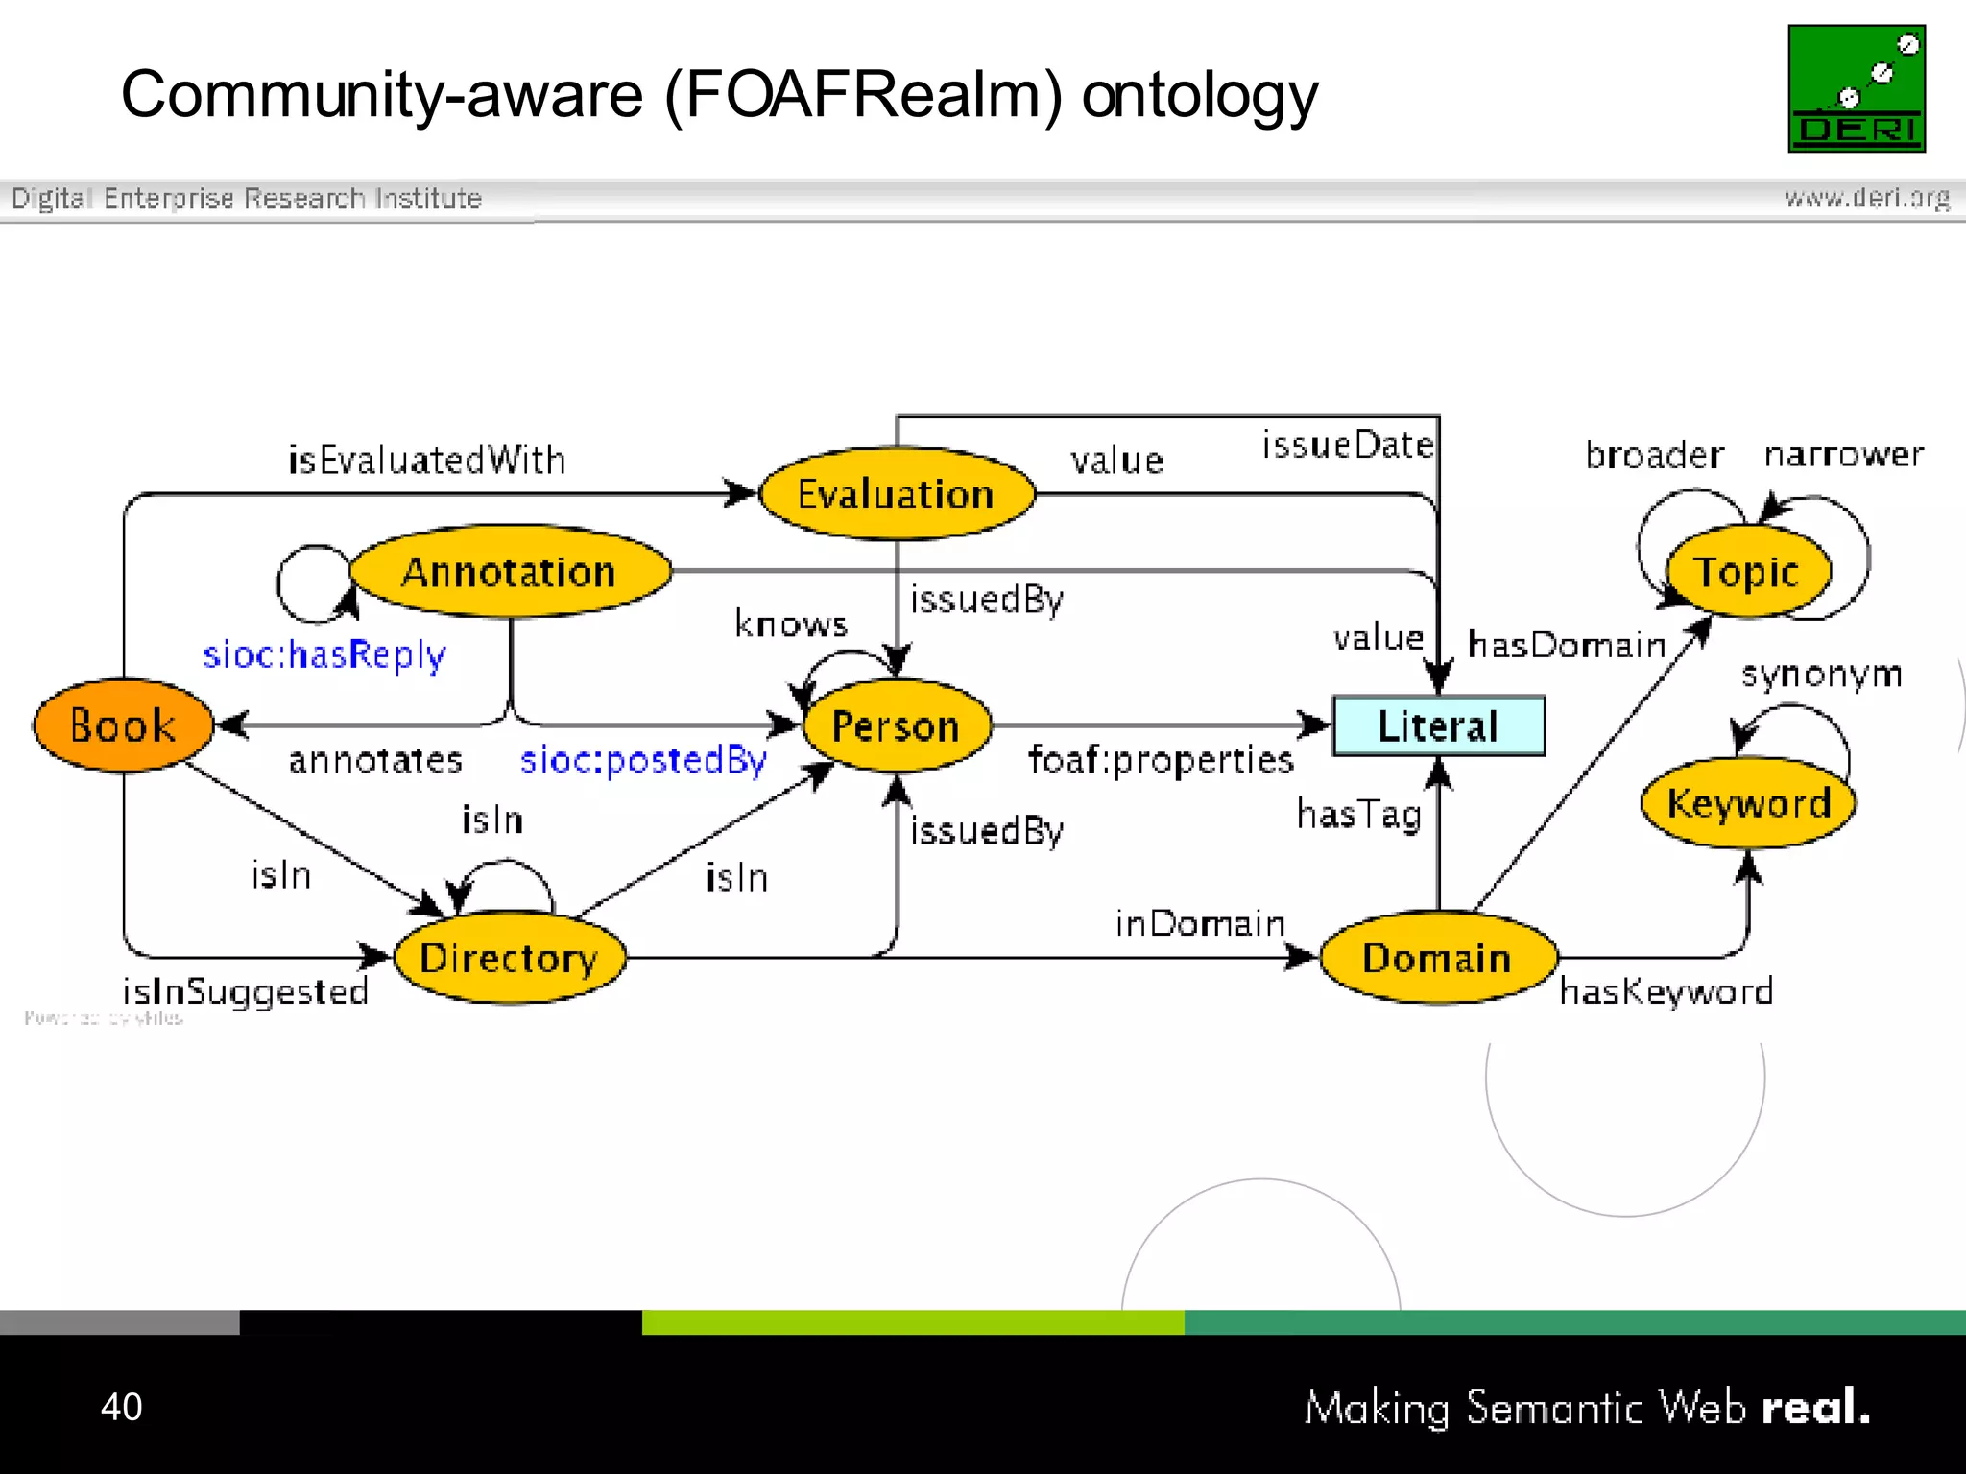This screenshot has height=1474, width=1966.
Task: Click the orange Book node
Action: point(123,725)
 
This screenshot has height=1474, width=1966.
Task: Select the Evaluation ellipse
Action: point(897,494)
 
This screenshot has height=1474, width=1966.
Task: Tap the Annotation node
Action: point(510,572)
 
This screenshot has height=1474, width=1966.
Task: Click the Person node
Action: point(897,726)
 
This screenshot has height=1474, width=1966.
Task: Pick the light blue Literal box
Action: point(1438,726)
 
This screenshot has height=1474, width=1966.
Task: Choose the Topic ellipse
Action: point(1747,573)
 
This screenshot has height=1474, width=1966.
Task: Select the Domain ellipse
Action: point(1437,958)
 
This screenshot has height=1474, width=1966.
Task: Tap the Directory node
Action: point(510,958)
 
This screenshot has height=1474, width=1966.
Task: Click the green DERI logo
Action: point(1857,88)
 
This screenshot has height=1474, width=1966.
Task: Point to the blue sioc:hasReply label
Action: point(324,655)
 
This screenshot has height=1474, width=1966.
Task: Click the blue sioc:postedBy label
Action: point(643,760)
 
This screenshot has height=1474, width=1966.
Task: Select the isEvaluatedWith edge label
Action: point(427,461)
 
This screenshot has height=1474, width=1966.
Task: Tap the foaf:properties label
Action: point(1161,760)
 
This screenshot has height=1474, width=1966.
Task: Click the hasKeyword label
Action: point(1666,991)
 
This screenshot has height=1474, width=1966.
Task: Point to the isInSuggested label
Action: point(246,991)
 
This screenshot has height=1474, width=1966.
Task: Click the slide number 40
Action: point(122,1407)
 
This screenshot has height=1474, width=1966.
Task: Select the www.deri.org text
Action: point(1866,198)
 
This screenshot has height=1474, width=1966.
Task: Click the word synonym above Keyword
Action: point(1821,675)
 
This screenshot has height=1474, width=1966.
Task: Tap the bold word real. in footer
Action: point(1815,1408)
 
